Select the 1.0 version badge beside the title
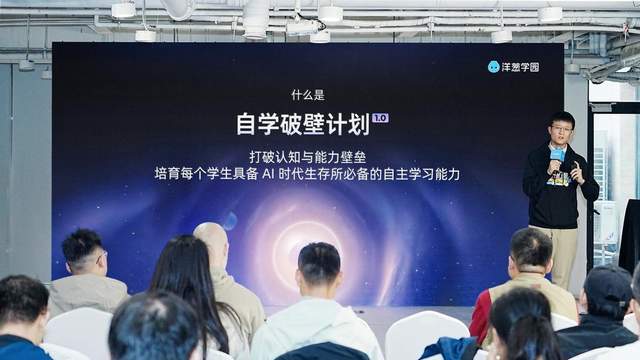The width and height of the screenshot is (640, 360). pyautogui.click(x=379, y=117)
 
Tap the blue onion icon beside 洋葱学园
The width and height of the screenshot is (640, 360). pyautogui.click(x=494, y=67)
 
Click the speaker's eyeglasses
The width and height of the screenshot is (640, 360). pyautogui.click(x=561, y=128)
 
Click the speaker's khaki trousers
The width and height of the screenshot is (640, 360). pyautogui.click(x=562, y=250)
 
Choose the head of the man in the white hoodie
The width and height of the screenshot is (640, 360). pyautogui.click(x=319, y=264)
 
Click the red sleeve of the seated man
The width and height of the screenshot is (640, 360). pyautogui.click(x=481, y=314)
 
